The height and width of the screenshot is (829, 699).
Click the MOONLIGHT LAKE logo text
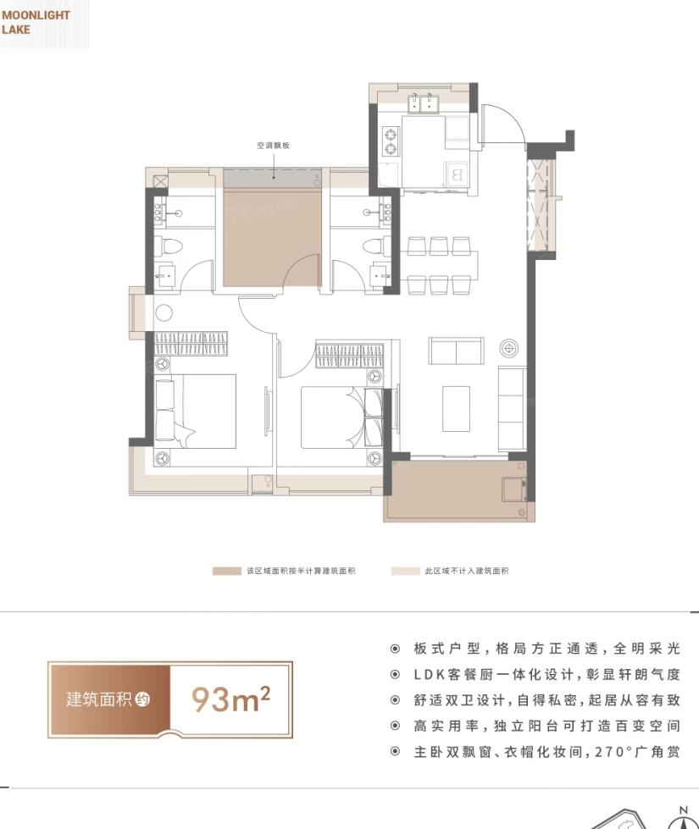tap(36, 22)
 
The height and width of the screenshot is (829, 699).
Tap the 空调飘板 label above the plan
tap(273, 146)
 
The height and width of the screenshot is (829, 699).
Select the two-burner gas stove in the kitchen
tap(391, 141)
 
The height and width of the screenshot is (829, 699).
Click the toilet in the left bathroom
tap(170, 246)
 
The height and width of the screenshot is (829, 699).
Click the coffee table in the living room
tap(456, 409)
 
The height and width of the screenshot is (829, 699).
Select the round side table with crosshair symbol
tap(509, 348)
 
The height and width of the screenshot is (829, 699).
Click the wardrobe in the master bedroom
tap(191, 344)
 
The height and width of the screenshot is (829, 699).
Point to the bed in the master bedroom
tap(195, 412)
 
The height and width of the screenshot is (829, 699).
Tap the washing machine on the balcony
tap(513, 489)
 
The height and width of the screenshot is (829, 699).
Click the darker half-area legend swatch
tap(227, 571)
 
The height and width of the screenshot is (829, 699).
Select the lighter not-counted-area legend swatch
tap(405, 571)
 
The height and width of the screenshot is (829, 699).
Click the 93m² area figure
tap(230, 699)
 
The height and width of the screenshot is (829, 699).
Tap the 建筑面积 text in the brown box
tap(99, 699)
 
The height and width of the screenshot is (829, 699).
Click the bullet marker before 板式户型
tap(395, 649)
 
